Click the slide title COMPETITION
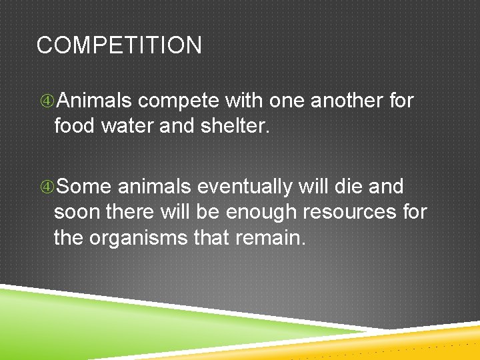click(x=119, y=46)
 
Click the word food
click(x=75, y=125)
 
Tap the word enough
click(x=262, y=213)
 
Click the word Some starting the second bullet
click(x=90, y=187)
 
